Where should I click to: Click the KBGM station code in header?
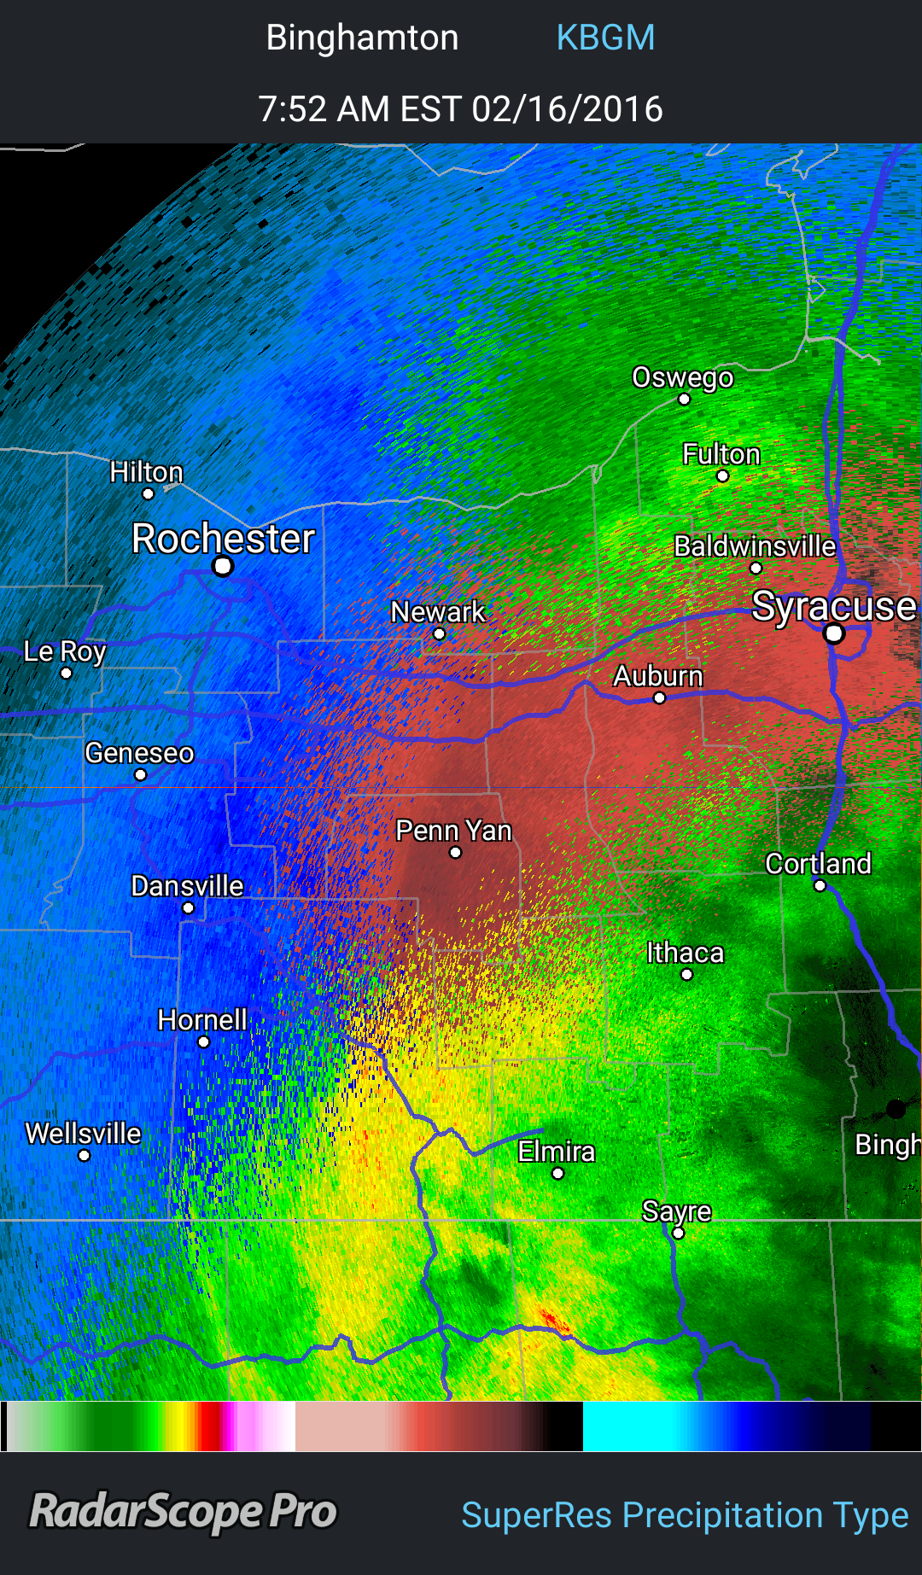605,38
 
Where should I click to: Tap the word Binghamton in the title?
362,38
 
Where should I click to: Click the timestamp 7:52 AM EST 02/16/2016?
460,109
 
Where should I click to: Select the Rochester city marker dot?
223,566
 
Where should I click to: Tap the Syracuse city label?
833,605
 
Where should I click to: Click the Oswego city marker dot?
684,399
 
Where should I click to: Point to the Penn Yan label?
453,831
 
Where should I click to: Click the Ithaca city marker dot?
687,974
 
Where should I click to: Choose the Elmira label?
556,1152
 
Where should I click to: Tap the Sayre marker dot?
678,1233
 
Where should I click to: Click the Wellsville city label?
83,1134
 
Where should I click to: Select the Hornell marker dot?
203,1041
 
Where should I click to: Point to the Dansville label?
187,886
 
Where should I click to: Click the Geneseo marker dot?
140,774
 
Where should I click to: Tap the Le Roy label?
65,651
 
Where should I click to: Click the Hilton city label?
146,472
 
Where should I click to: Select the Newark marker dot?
439,633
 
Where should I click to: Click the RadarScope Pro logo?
184,1512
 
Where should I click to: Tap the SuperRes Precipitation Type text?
685,1515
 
